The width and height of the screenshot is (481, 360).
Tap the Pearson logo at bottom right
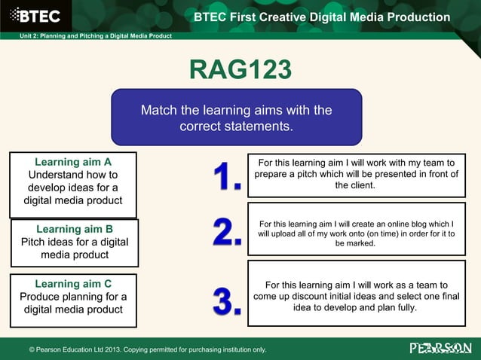[440, 348]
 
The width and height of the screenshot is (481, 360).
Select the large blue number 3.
[226, 300]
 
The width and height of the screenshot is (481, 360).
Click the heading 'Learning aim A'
[73, 162]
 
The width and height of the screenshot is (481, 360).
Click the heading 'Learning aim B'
[75, 229]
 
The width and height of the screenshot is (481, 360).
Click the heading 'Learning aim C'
[73, 284]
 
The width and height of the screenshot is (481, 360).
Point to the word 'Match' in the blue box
[159, 111]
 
